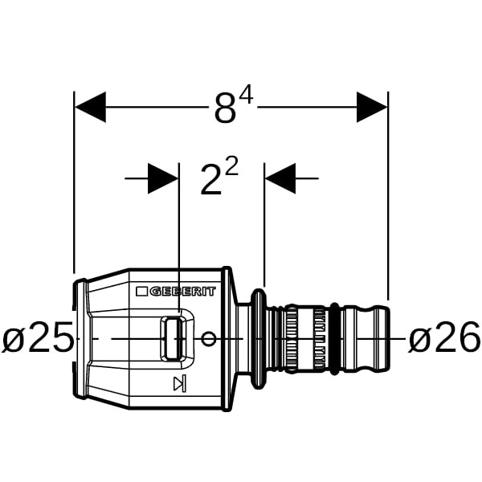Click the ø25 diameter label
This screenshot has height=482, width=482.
pos(38,338)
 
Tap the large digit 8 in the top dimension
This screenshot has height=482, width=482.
pos(225,108)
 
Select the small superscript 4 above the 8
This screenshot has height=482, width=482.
pos(247,95)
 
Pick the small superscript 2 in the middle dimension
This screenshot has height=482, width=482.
pos(232,166)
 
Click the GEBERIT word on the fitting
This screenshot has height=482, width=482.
pos(183,291)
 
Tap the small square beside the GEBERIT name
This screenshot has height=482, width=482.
pos(141,292)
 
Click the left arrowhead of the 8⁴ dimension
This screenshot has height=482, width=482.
pos(90,107)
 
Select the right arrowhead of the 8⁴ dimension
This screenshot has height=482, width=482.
pos(372,107)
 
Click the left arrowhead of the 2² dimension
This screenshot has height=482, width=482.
pos(163,178)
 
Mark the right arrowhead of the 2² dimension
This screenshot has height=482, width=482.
pos(280,178)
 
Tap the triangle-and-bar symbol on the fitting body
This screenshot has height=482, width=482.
pos(180,383)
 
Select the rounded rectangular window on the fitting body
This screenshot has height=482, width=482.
pos(173,338)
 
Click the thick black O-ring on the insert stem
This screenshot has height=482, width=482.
pos(334,339)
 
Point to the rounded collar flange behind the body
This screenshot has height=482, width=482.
pos(259,338)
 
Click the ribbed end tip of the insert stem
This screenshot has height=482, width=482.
pos(382,338)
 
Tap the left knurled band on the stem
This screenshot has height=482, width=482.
pos(292,338)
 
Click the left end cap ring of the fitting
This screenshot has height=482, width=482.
pos(80,339)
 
